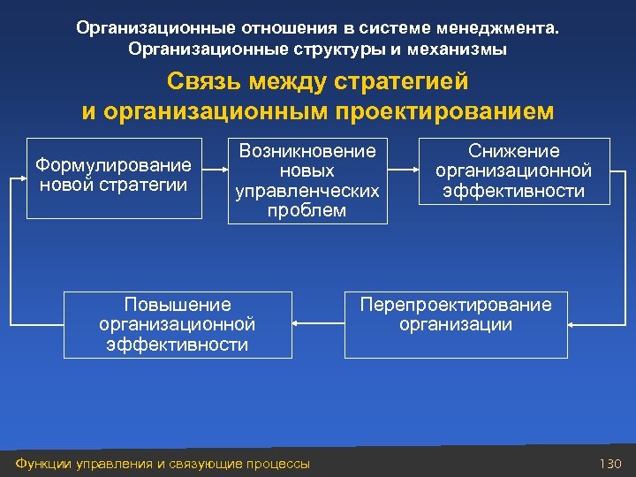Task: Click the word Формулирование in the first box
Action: (x=112, y=165)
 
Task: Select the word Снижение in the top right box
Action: (x=513, y=151)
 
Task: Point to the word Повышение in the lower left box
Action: (x=178, y=305)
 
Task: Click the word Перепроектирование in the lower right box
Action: (x=455, y=305)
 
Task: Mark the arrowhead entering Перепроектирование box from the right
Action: (x=572, y=325)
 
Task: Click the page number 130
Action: (x=610, y=464)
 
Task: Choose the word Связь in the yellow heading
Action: (x=204, y=82)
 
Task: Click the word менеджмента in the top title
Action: (x=511, y=28)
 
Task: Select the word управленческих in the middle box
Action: (x=307, y=191)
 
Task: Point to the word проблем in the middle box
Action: (x=307, y=210)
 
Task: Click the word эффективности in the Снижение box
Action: (x=513, y=191)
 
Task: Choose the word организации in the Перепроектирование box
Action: (x=455, y=324)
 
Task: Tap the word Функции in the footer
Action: (x=40, y=464)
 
